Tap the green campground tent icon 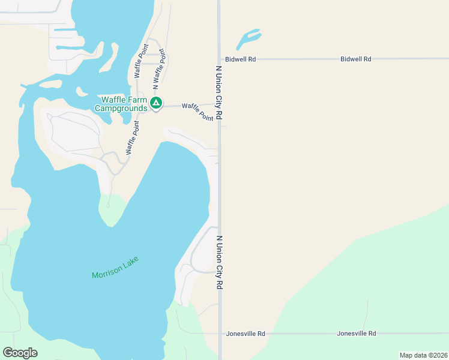point(156,104)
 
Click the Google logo point(20,353)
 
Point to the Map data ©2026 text point(423,355)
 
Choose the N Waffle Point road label point(158,70)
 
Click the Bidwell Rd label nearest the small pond point(241,59)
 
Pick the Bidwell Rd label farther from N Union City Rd point(356,59)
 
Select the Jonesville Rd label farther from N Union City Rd point(356,334)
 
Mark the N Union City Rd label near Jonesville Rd point(219,262)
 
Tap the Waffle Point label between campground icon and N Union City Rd point(197,112)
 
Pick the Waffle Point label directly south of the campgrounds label point(132,138)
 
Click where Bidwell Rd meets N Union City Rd point(219,59)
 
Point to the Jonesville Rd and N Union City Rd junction point(219,334)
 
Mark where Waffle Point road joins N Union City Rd point(219,104)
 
